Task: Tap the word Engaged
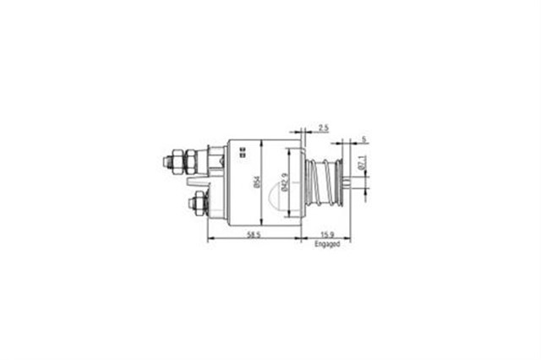pyautogui.click(x=326, y=244)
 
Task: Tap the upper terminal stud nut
pyautogui.click(x=180, y=158)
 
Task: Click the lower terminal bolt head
pyautogui.click(x=199, y=202)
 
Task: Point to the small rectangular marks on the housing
pyautogui.click(x=243, y=151)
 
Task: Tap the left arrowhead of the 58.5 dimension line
pyautogui.click(x=210, y=238)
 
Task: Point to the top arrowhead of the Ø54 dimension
pyautogui.click(x=262, y=142)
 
